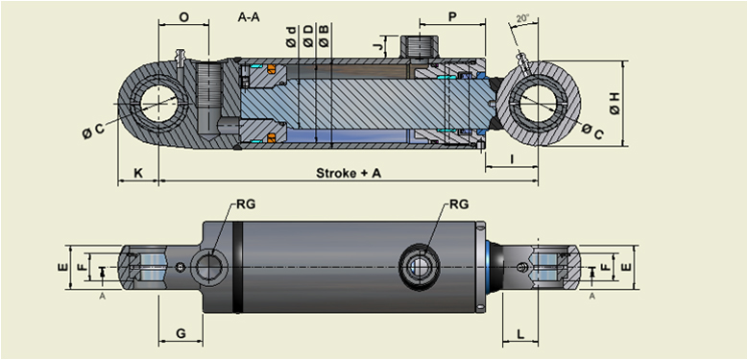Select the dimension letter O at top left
183,16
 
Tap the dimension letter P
451,16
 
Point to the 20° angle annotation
522,18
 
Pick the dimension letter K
138,173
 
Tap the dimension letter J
380,44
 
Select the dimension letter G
180,333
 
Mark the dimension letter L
519,333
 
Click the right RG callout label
458,204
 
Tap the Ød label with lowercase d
291,38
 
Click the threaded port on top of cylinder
420,45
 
